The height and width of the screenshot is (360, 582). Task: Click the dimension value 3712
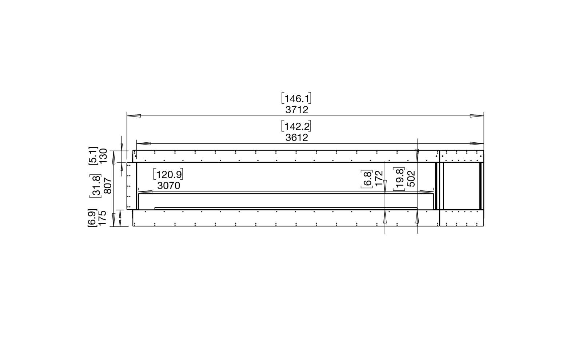(x=297, y=110)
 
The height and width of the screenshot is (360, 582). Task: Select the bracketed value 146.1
(x=296, y=99)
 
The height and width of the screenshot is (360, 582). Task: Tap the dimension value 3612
(x=297, y=138)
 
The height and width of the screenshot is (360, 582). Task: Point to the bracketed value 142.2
(x=296, y=127)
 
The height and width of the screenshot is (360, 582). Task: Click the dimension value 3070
(x=169, y=186)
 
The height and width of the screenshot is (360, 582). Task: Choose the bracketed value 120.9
(x=168, y=174)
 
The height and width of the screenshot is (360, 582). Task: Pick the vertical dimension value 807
(x=108, y=186)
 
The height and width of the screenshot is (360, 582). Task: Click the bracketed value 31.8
(x=95, y=186)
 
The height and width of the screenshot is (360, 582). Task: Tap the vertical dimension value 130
(x=103, y=155)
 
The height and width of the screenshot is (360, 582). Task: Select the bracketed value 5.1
(x=93, y=155)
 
